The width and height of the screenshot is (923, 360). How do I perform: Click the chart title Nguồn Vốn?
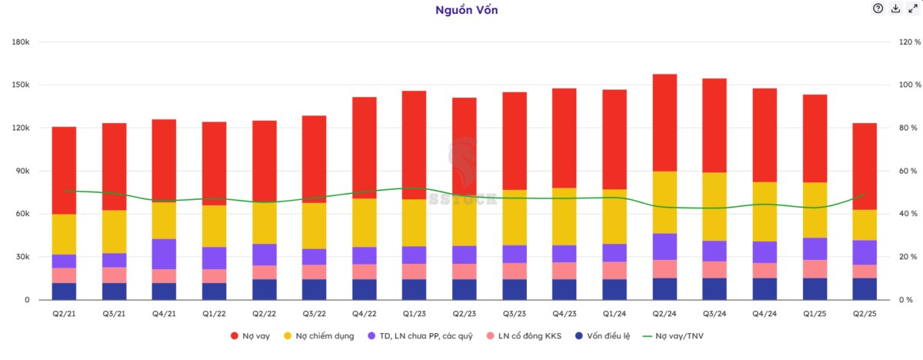(461, 10)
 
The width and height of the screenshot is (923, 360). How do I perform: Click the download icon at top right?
(895, 8)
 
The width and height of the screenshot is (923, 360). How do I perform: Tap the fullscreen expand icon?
(913, 8)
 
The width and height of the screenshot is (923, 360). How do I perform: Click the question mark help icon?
(878, 8)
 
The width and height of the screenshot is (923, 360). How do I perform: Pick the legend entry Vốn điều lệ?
(600, 336)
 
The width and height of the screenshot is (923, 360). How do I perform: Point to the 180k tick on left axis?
(21, 42)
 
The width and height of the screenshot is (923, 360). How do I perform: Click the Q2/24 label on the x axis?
(665, 314)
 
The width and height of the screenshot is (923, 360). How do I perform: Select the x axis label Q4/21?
(164, 314)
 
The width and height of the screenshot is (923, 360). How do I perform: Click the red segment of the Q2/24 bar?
(665, 123)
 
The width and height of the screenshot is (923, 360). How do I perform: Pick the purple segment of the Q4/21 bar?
(164, 254)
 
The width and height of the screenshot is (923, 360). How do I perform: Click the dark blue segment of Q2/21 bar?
(64, 292)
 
